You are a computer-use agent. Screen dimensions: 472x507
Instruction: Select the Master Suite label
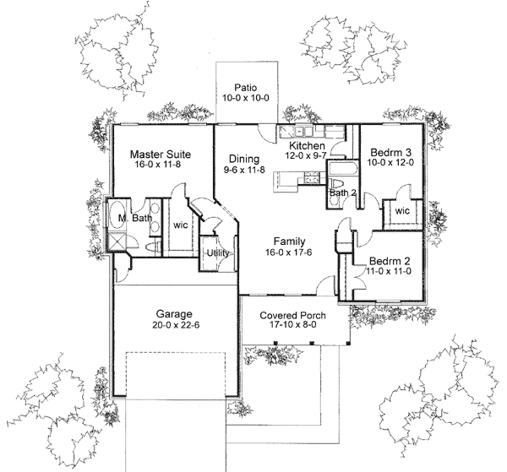click(161, 155)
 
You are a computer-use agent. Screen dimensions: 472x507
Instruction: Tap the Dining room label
click(242, 158)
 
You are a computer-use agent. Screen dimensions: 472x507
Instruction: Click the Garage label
click(173, 310)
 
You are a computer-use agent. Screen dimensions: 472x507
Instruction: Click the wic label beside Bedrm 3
click(401, 210)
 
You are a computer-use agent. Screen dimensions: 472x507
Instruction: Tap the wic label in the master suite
click(181, 225)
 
